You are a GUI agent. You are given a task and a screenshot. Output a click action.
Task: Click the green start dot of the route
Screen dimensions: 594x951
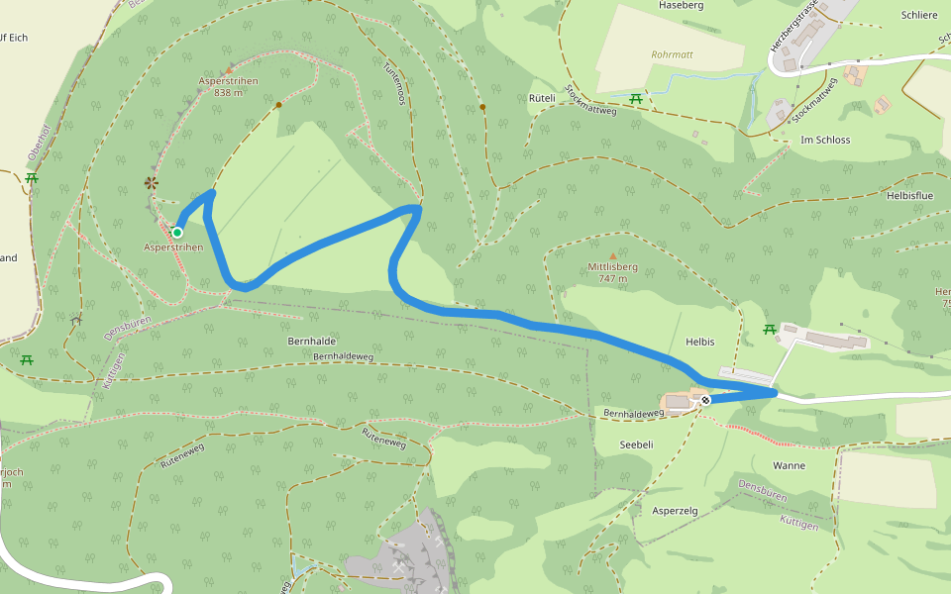coord(177,233)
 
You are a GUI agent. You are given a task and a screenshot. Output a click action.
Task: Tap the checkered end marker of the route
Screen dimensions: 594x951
coord(704,401)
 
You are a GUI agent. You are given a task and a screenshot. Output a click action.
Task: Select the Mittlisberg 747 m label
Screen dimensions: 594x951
coord(611,272)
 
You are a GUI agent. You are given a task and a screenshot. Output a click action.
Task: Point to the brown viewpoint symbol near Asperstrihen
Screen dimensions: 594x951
coord(152,182)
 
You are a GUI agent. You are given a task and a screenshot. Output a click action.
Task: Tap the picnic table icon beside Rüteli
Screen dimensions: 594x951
coord(637,98)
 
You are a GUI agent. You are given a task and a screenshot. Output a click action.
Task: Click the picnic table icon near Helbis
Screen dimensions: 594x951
coord(769,329)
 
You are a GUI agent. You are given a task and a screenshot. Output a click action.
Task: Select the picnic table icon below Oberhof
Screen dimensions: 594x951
coord(32,178)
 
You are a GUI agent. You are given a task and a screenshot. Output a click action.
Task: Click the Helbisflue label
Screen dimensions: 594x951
coord(909,196)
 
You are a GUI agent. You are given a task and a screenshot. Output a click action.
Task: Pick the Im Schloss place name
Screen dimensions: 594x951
coord(825,140)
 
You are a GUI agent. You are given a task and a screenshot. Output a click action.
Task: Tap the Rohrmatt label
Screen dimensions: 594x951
coord(672,55)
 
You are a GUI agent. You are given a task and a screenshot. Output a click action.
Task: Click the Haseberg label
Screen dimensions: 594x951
coord(681,6)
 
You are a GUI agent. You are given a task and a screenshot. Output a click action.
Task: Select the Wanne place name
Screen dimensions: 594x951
coord(789,465)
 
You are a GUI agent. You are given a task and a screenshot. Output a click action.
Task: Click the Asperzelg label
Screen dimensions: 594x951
coord(675,510)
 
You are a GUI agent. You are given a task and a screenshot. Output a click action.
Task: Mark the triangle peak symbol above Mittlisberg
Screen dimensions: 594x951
coord(612,255)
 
